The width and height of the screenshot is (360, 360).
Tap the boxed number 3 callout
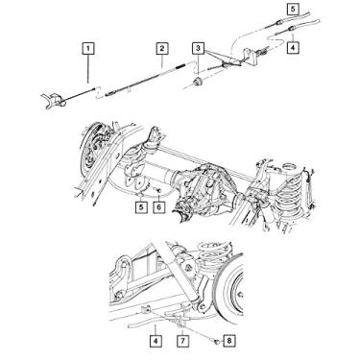[x=198, y=47]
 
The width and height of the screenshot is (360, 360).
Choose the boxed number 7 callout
[x=183, y=340]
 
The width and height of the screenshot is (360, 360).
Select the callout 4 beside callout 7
[x=155, y=340]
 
